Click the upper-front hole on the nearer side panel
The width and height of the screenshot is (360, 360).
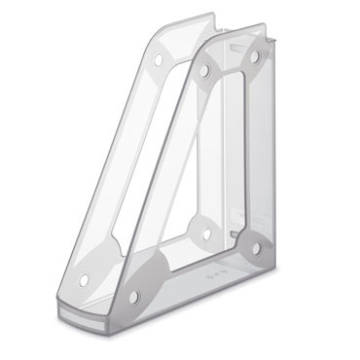(x=204, y=70)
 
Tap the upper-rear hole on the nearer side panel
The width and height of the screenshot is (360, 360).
(x=255, y=56)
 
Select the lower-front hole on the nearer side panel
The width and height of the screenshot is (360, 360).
(x=134, y=295)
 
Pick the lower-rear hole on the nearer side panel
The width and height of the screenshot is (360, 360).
(x=256, y=249)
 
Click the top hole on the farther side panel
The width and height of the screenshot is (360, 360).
(x=158, y=60)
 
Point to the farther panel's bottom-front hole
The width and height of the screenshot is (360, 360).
(x=85, y=280)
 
